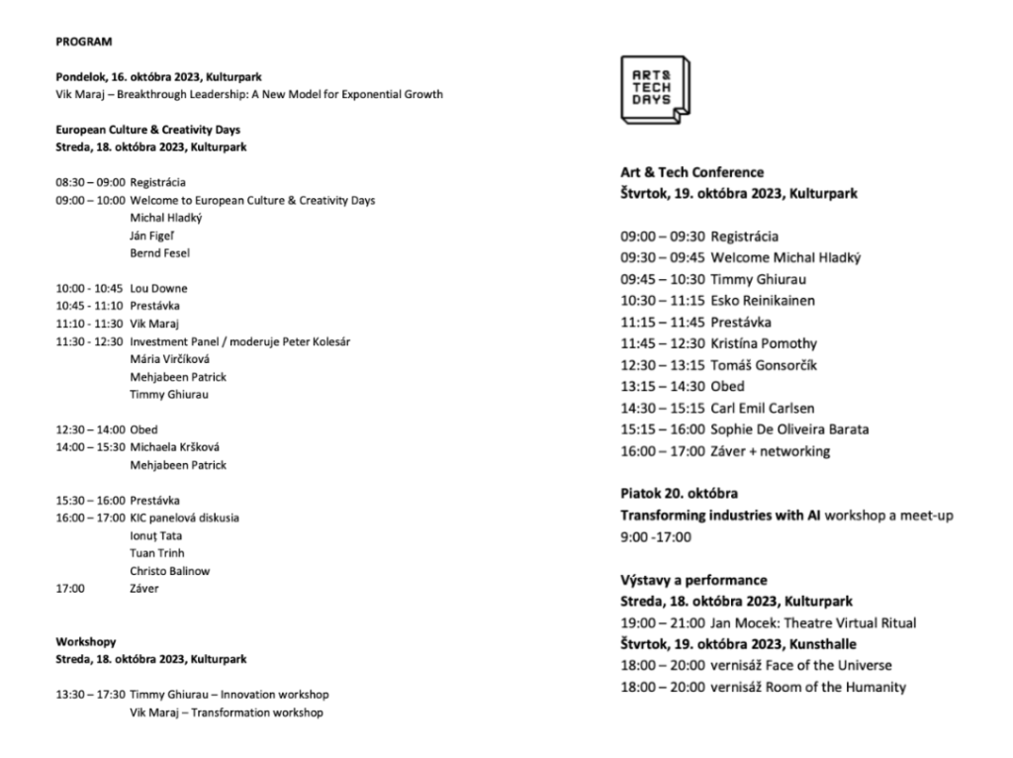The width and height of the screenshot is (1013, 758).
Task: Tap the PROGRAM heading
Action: (x=84, y=42)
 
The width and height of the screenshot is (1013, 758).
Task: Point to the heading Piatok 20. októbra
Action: (x=679, y=494)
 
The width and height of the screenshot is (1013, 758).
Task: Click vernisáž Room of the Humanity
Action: (x=807, y=687)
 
